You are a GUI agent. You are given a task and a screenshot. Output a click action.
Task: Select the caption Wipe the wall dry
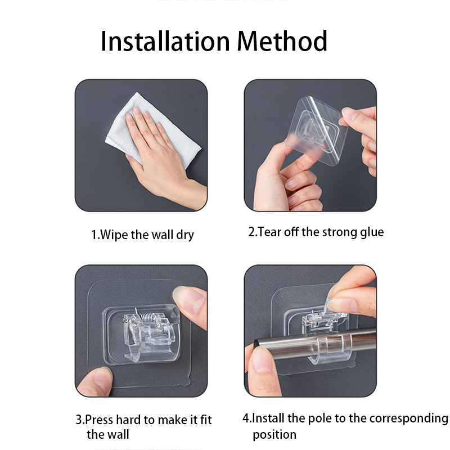pos(142,235)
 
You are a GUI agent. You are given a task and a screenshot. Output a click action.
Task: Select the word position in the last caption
pos(274,435)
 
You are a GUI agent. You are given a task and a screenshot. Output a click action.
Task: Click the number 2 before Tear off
pos(251,232)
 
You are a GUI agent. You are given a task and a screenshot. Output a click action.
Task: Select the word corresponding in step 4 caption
pos(406,418)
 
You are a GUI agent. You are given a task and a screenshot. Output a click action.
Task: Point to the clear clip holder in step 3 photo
pos(143,337)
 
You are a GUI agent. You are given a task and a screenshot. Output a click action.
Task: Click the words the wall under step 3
pos(107,435)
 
